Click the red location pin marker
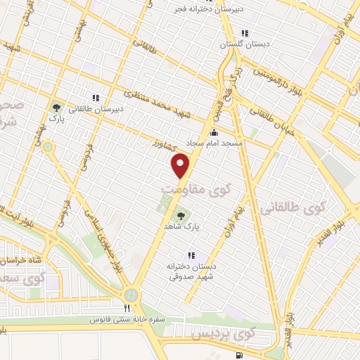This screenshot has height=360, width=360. pos(181,166)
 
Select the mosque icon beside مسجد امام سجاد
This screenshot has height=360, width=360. pos(214,132)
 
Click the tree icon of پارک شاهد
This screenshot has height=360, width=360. pos(181,216)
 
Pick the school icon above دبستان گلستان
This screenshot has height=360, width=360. pos(244,33)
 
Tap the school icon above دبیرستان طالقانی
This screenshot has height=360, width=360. pos(95,98)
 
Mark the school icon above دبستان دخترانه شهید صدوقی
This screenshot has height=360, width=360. pos(190,256)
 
